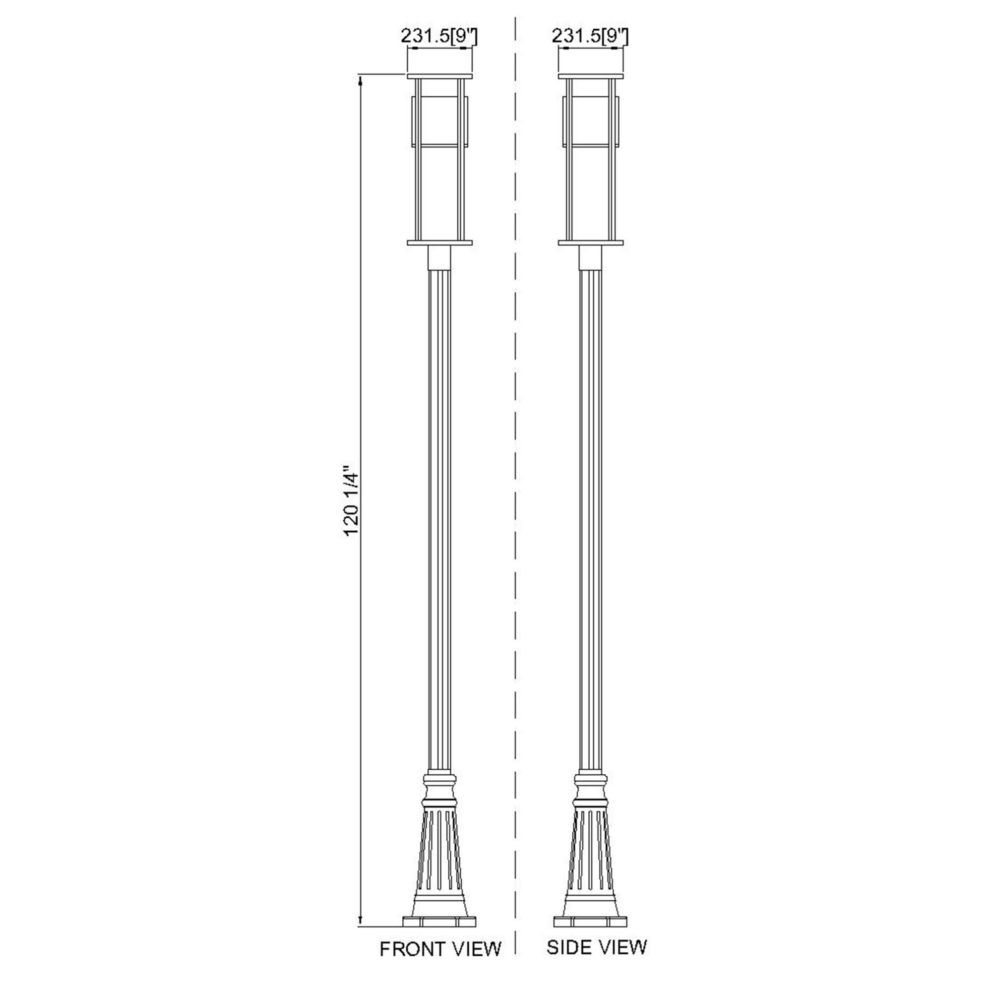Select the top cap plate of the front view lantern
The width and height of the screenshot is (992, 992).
tap(439, 76)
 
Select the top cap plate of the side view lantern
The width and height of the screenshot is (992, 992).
tap(591, 76)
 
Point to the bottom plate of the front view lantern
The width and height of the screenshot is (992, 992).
tap(439, 243)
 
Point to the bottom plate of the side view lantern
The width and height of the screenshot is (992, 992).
tap(591, 243)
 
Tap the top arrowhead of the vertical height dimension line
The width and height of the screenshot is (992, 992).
tap(361, 80)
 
